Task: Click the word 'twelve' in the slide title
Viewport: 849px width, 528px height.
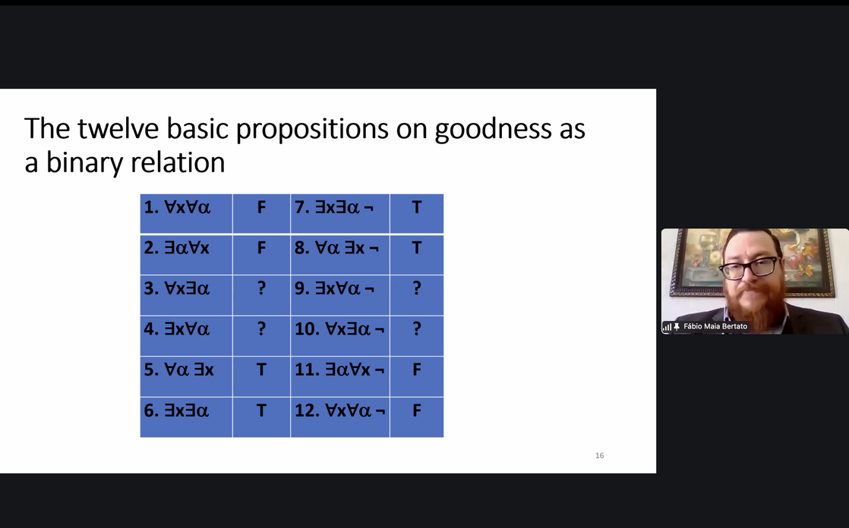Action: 118,129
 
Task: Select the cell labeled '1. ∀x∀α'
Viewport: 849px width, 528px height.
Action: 186,214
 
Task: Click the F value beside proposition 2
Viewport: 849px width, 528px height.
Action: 261,248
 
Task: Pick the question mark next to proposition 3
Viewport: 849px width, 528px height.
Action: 261,288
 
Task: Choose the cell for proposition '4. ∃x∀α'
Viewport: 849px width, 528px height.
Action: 186,335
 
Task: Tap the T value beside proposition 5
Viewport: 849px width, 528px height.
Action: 261,369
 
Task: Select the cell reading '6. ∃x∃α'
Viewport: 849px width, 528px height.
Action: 186,417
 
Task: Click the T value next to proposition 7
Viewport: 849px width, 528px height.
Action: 416,207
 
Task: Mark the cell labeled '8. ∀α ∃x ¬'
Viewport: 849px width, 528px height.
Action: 340,254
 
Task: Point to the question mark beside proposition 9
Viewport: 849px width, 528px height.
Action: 417,288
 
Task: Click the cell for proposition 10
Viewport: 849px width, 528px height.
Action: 340,335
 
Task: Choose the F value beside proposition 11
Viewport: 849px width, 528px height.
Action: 417,369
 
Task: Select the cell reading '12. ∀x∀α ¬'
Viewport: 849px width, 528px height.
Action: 340,417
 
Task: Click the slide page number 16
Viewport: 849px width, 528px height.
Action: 599,455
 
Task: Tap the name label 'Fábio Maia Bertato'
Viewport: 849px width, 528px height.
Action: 715,326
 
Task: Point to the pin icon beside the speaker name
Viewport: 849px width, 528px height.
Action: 677,327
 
